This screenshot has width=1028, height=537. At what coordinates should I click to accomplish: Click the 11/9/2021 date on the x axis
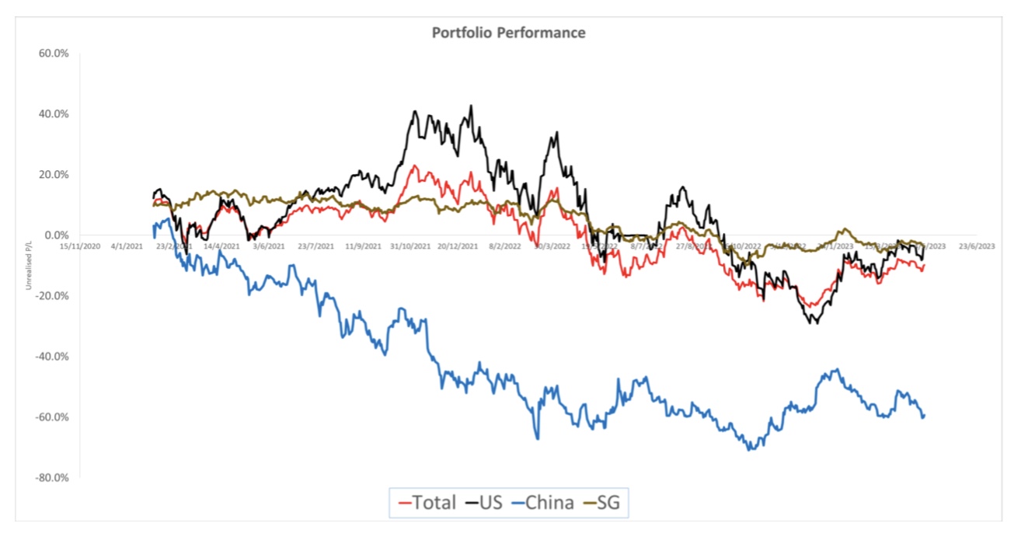[362, 246]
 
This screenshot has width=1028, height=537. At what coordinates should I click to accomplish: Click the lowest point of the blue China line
[750, 450]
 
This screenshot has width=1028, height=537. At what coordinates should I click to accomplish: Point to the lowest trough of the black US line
[815, 323]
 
